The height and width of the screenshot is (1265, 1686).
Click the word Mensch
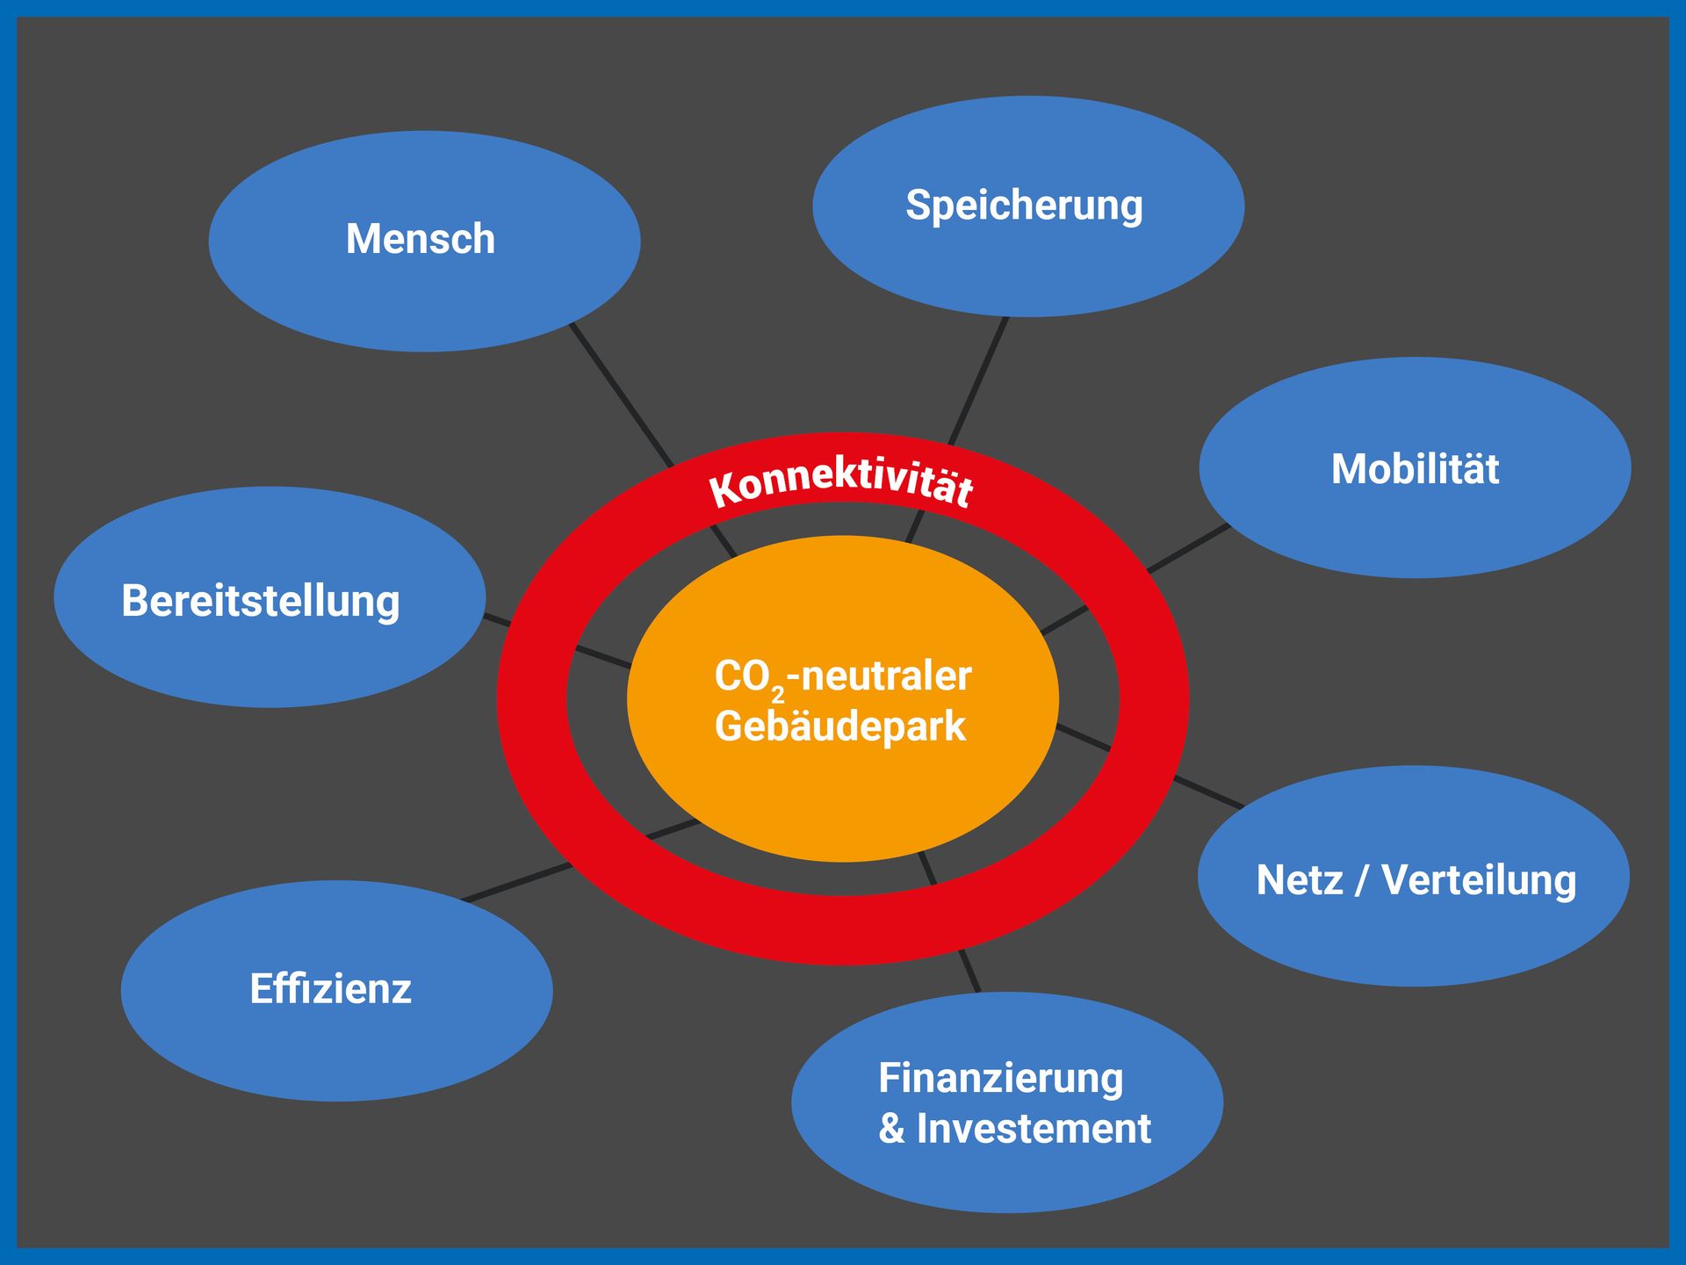421,239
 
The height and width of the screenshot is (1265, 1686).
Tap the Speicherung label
1024,206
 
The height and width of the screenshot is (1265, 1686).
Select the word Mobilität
1415,468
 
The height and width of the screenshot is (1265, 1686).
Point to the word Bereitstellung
261,602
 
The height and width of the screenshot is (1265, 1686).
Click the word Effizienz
330,988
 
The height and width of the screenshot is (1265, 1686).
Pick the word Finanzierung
1001,1080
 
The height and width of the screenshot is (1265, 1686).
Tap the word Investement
1034,1128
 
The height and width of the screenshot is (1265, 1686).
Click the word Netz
1300,880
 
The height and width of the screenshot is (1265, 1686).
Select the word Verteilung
1479,881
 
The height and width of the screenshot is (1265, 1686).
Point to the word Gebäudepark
840,727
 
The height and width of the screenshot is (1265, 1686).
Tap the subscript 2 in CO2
777,695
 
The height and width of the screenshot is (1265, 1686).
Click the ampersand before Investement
891,1129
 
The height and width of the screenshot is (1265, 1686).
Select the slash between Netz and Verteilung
1362,880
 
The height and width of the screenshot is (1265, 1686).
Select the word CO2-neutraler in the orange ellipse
843,677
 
